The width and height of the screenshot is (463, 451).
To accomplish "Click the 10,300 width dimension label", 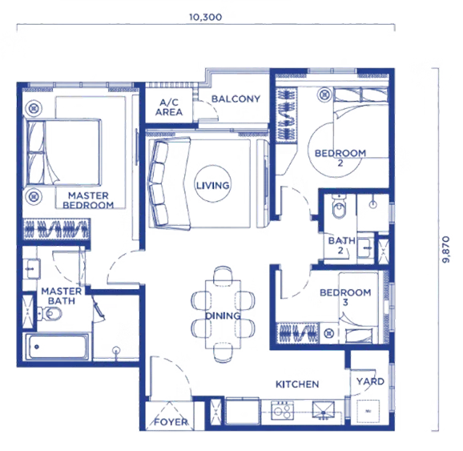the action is [206, 17].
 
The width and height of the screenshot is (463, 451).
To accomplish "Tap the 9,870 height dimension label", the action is [446, 249].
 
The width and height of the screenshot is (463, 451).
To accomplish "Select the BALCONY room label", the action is [236, 99].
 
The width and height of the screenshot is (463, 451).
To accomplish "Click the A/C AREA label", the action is [169, 107].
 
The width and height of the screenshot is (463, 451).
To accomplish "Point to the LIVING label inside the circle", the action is [213, 186].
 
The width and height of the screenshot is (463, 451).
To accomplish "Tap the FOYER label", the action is [171, 422].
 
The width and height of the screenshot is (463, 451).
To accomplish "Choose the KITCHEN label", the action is [297, 385].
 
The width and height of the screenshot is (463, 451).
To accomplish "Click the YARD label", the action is [370, 381].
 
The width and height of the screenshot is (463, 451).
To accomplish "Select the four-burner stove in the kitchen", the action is [282, 410].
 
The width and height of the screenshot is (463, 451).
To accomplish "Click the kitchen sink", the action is [324, 410].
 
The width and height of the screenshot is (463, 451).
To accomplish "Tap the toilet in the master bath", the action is [50, 313].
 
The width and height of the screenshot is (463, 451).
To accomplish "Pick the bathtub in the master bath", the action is [58, 347].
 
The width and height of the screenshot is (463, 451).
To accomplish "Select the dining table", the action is [223, 314].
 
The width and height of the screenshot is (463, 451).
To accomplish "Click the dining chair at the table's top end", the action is [223, 276].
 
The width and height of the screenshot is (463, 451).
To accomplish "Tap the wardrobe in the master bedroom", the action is [56, 228].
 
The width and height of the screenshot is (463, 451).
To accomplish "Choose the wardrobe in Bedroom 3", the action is [298, 333].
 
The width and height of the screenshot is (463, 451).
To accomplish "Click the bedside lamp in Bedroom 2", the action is [324, 95].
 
